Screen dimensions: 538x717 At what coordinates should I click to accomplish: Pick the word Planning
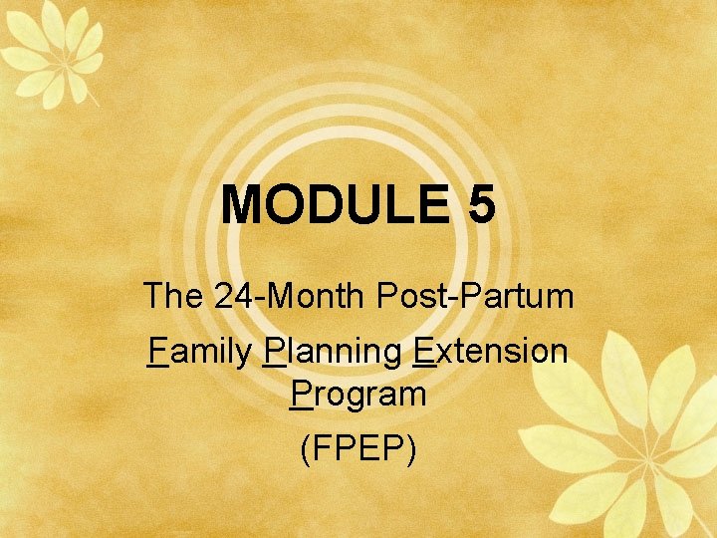tap(333, 352)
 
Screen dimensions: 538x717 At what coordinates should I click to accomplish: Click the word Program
tap(358, 395)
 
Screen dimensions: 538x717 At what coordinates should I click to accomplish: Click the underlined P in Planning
tap(276, 351)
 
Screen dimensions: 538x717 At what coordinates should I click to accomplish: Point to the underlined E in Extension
tap(422, 351)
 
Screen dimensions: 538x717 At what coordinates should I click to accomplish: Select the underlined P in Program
tap(302, 394)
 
